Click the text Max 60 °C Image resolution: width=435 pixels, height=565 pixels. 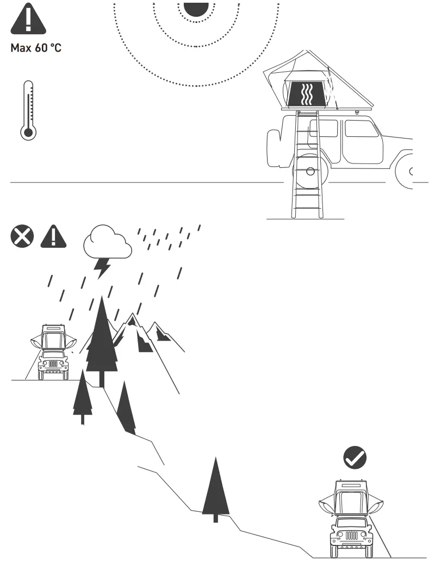point(36,48)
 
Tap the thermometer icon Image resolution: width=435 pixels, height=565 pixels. point(28,111)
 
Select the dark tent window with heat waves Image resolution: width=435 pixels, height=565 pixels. point(308,93)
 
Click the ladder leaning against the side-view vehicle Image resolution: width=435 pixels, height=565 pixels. point(307,163)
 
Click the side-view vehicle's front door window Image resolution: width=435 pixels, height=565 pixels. point(361,128)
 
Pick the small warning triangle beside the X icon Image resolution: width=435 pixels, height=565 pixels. point(53,237)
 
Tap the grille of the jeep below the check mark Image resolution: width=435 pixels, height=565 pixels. point(351,535)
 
